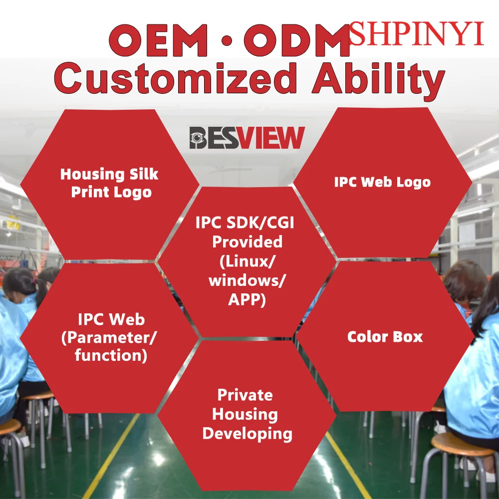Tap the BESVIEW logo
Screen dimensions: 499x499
[247, 138]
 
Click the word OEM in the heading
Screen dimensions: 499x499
[159, 41]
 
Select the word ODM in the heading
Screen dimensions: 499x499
[297, 41]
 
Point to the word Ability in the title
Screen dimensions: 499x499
[378, 81]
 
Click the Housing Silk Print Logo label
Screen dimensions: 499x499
[109, 183]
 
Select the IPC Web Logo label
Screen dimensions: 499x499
[382, 182]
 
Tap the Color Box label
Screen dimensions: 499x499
[385, 337]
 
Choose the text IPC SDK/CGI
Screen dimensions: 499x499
[245, 223]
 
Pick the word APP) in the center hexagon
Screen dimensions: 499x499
[247, 300]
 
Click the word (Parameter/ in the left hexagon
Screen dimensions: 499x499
[109, 338]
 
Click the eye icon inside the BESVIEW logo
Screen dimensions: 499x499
[198, 138]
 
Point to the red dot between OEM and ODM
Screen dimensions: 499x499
[226, 41]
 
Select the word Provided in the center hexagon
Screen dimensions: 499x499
[248, 242]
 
